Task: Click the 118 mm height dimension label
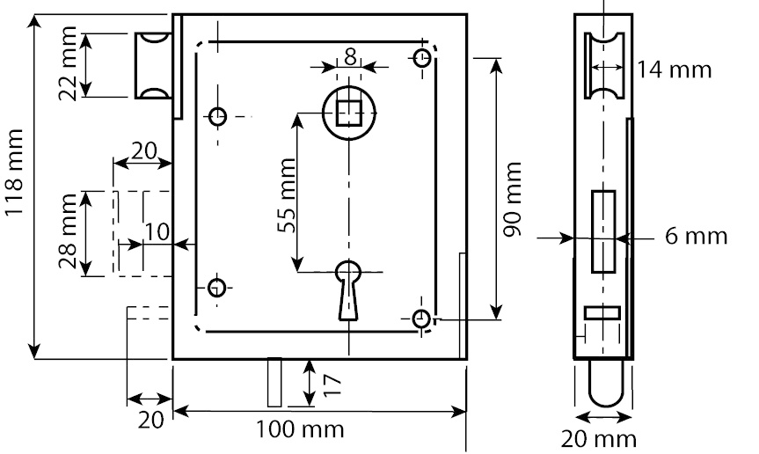point(14,172)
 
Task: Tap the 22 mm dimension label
point(68,64)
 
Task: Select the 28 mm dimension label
point(68,231)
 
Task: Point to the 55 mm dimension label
point(287,195)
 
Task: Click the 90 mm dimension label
point(512,200)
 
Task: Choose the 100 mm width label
point(300,429)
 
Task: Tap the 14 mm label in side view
point(674,70)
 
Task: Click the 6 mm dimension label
point(696,236)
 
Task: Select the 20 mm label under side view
point(599,439)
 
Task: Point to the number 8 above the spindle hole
point(350,57)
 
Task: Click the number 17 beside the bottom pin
point(332,385)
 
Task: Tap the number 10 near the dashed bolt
point(157,232)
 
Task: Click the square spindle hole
point(348,113)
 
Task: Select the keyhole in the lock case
point(348,290)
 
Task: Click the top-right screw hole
point(422,57)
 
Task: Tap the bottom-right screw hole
point(421,319)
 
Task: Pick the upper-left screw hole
point(218,116)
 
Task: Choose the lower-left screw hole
point(217,288)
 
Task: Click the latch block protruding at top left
point(153,65)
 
